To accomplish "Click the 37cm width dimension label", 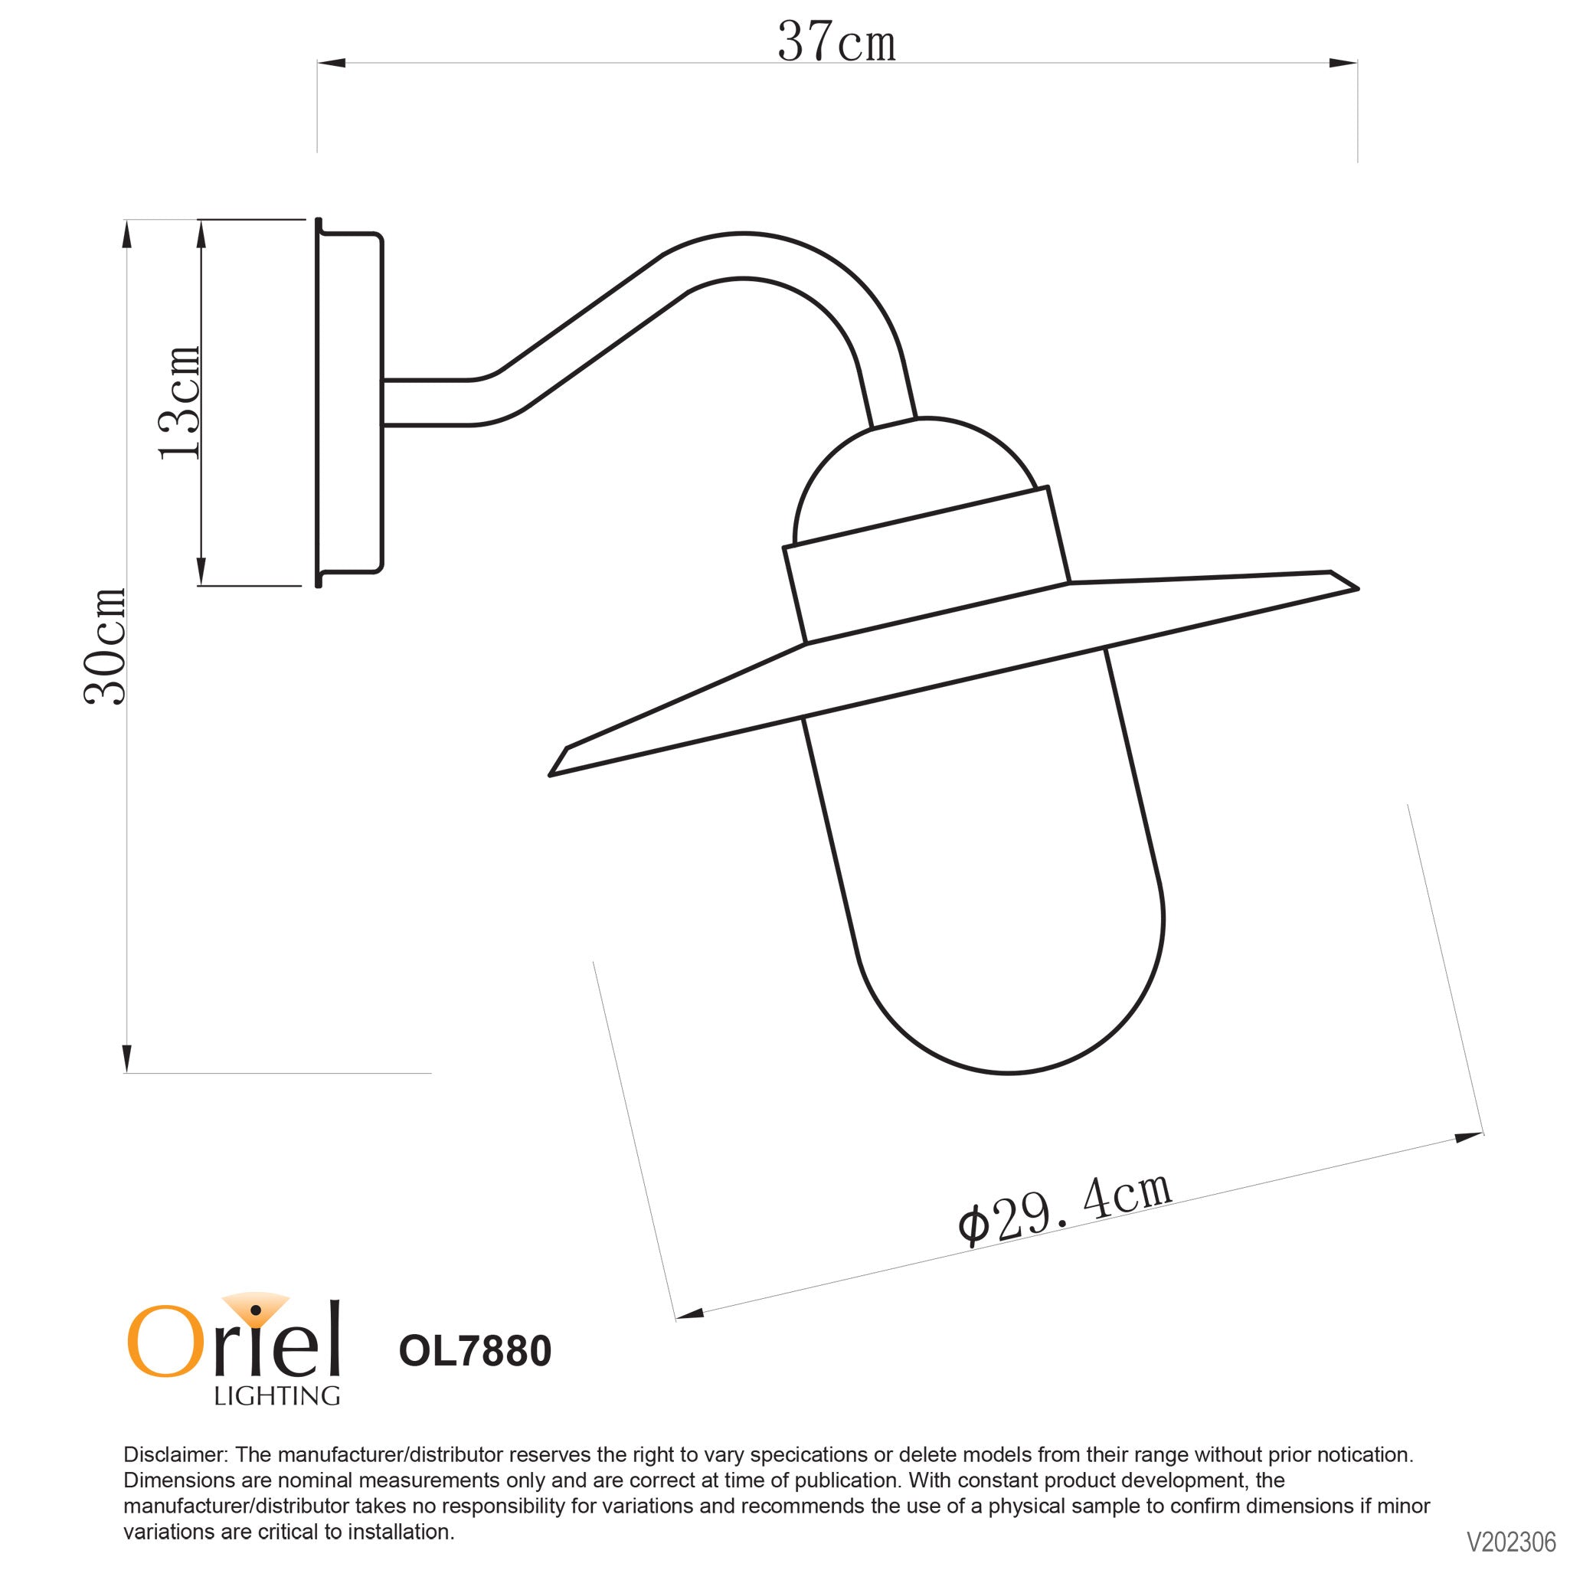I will click(836, 42).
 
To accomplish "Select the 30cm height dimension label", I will click(106, 646).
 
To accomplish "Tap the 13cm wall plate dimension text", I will click(179, 402).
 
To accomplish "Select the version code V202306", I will click(1511, 1542).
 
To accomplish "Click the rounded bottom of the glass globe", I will click(1008, 1048).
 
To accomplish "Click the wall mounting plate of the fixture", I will click(349, 402).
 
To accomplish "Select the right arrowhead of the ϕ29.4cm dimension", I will click(1468, 1136).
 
